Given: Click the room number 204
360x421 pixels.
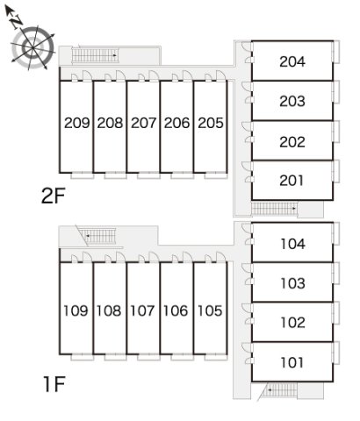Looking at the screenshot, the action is pyautogui.click(x=292, y=61).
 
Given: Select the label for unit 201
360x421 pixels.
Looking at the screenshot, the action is pyautogui.click(x=292, y=181).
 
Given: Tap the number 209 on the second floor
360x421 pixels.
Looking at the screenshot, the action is pyautogui.click(x=77, y=123).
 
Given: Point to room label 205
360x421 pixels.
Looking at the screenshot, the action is pyautogui.click(x=211, y=123).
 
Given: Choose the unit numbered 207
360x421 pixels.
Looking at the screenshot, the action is pyautogui.click(x=143, y=123).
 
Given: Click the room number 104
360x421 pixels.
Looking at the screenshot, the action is pyautogui.click(x=292, y=244).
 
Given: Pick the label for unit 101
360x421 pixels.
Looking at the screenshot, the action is pyautogui.click(x=292, y=362).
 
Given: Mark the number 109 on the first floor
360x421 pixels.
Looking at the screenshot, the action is pyautogui.click(x=76, y=310).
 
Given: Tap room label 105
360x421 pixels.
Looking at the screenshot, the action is pyautogui.click(x=210, y=310).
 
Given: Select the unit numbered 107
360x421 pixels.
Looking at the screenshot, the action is pyautogui.click(x=142, y=310).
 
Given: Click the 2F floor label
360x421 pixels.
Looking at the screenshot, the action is pyautogui.click(x=53, y=196).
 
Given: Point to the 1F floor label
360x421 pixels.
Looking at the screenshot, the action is pyautogui.click(x=54, y=384).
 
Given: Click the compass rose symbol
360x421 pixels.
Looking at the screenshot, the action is pyautogui.click(x=32, y=47).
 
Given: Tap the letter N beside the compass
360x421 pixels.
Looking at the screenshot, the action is pyautogui.click(x=17, y=22).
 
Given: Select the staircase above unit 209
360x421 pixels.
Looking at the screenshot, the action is pyautogui.click(x=95, y=55).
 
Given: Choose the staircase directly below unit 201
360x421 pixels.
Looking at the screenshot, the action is pyautogui.click(x=274, y=209).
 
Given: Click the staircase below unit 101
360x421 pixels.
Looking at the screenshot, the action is pyautogui.click(x=279, y=389).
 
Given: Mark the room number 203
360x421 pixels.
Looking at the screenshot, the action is pyautogui.click(x=292, y=102).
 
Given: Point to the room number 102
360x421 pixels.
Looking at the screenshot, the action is pyautogui.click(x=292, y=323).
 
